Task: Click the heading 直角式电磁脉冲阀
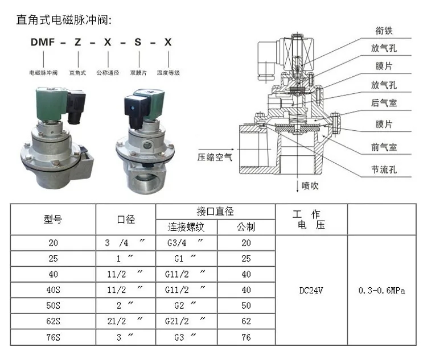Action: coord(64,20)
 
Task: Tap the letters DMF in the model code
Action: coord(43,42)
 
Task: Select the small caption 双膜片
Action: coord(138,73)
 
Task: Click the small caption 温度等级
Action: coord(169,73)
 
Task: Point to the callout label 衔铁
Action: coord(384,31)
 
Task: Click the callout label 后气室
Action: coord(384,103)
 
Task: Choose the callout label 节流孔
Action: coord(384,170)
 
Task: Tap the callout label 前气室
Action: coord(384,147)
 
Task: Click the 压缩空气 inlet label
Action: coord(215,157)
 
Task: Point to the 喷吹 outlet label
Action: coord(310,186)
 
